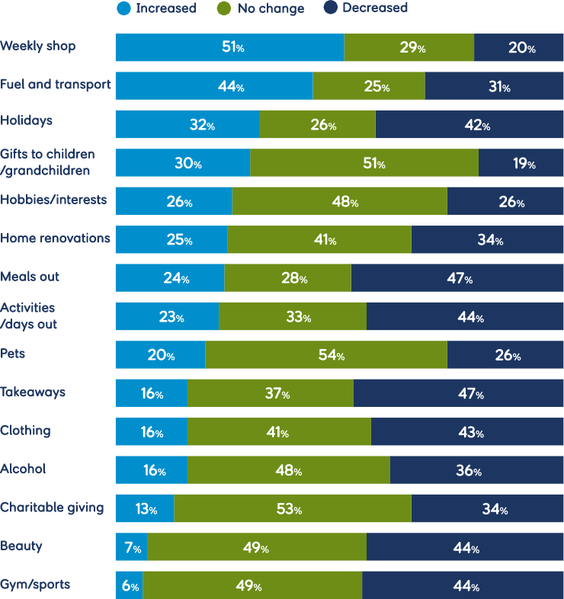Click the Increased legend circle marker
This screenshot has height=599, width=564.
123,9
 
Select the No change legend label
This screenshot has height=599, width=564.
271,9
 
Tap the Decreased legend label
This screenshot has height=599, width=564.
374,8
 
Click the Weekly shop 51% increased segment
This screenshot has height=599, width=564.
229,48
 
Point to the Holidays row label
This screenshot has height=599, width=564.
27,120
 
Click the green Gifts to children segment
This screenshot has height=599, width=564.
364,164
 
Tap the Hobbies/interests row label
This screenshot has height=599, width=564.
54,200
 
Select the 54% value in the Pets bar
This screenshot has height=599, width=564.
330,356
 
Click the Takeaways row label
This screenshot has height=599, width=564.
33,392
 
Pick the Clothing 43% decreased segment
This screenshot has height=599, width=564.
467,433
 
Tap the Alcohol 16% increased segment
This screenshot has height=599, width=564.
151,471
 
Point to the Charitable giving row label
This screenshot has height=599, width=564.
52,508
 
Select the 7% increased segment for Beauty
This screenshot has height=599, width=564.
131,548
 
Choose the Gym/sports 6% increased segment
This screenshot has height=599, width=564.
129,587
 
